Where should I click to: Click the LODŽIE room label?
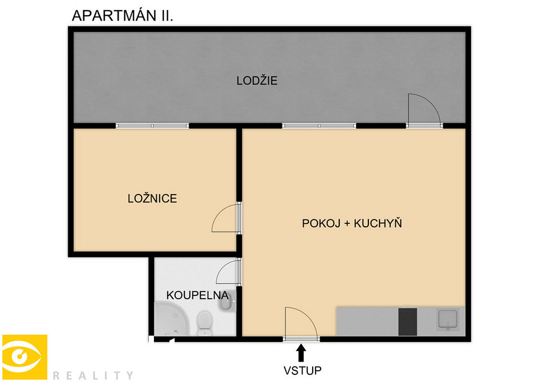257,81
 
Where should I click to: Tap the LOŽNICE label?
153,199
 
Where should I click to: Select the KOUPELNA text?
197,295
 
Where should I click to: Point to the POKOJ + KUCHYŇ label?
352,223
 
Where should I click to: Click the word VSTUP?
303,371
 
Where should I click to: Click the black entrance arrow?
302,353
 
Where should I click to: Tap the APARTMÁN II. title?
122,16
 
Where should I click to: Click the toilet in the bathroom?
205,323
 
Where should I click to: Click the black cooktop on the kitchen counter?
407,322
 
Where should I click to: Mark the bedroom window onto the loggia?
153,126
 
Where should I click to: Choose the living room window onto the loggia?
319,126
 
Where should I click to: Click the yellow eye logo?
25,357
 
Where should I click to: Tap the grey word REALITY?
93,375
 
